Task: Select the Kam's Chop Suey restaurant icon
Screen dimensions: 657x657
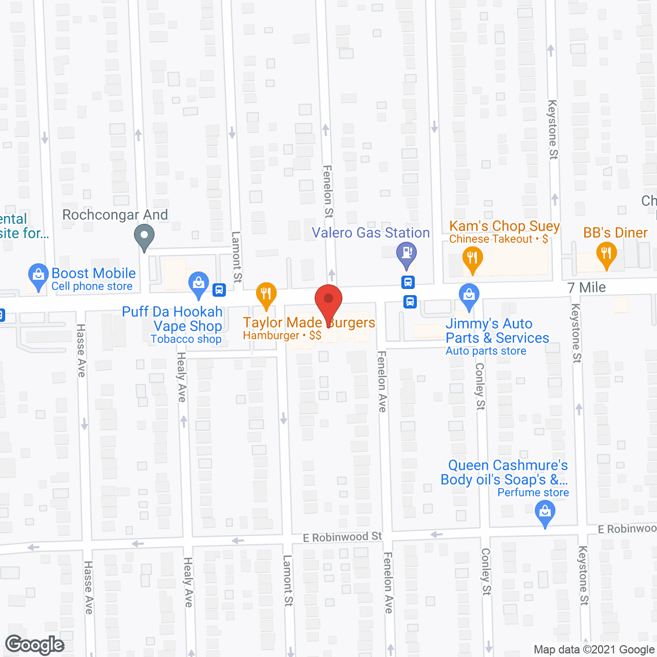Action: click(472, 257)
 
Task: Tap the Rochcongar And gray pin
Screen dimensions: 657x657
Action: click(144, 237)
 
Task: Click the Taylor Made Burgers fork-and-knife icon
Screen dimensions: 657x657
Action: click(266, 294)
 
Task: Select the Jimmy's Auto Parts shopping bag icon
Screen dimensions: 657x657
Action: click(469, 295)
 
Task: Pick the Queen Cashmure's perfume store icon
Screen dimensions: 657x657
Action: click(545, 512)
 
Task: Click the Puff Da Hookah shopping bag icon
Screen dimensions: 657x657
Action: click(199, 283)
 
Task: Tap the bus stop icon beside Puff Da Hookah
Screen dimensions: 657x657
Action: click(219, 290)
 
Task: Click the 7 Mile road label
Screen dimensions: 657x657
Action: click(587, 287)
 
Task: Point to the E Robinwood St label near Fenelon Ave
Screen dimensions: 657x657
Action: click(342, 537)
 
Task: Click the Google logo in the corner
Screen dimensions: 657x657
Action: click(35, 644)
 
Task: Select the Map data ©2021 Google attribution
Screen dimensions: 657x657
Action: click(594, 650)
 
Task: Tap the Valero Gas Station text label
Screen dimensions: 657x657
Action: click(371, 233)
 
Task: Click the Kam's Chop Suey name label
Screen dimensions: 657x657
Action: click(504, 226)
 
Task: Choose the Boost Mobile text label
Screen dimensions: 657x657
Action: click(94, 273)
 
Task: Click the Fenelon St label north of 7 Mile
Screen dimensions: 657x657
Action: click(328, 191)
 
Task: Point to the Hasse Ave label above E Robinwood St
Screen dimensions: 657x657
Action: click(81, 351)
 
